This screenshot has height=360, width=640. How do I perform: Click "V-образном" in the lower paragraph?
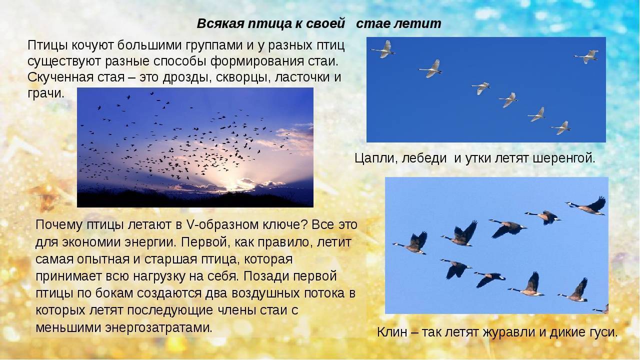[221, 225]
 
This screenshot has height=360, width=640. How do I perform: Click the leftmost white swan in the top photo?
[383, 49]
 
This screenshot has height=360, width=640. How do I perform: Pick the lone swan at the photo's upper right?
[586, 56]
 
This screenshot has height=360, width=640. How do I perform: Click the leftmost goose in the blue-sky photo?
[412, 243]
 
